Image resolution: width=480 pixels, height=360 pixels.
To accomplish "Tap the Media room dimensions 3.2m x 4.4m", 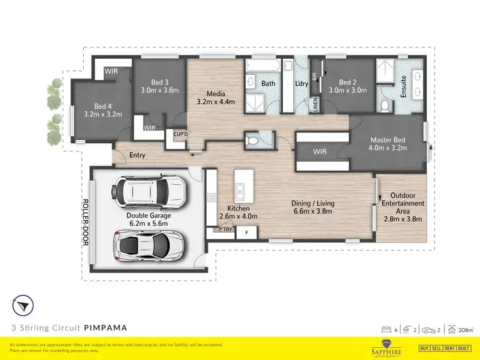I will tap(216, 101).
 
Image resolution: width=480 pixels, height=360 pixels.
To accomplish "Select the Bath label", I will tap(268, 83).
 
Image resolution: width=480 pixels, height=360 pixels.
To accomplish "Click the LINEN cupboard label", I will tap(315, 105).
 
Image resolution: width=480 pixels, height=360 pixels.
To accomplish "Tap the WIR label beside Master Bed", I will tap(321, 152).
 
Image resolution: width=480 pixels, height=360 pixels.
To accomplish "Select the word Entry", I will tap(137, 155).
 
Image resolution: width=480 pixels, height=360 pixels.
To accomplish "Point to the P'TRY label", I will tap(225, 229).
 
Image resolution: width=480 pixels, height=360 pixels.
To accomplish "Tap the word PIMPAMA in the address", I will tap(106, 327).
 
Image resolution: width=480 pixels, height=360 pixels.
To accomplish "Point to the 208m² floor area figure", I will tap(465, 330).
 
